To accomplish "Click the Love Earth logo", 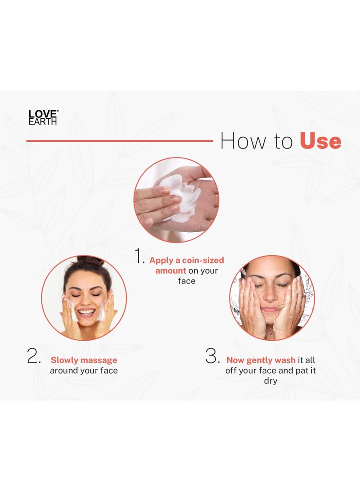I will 43,117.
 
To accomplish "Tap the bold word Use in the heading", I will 320,141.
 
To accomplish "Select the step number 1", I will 139,257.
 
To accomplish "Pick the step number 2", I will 33,356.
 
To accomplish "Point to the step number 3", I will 212,356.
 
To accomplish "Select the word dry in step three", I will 270,381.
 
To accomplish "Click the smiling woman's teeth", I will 86,311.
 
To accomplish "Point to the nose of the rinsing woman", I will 270,295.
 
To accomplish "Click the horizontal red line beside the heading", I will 119,141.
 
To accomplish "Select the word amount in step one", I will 171,270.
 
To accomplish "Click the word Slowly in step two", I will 65,360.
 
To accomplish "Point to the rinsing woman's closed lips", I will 270,309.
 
